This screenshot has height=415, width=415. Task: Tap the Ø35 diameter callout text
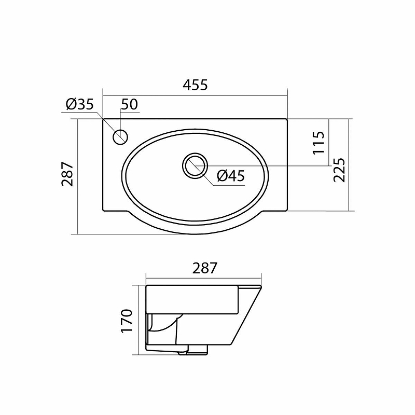80,105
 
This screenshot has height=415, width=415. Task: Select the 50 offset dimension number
129,105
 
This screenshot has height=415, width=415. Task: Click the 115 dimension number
319,142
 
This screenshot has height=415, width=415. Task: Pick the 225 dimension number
339,170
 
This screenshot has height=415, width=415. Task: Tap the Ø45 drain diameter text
230,176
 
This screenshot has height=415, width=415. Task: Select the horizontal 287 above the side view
204,268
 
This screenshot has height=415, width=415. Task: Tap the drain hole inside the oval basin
195,166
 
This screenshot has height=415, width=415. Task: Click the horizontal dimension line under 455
195,96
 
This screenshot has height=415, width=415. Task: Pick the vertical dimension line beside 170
139,320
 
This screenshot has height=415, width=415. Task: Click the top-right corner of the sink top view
287,119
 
